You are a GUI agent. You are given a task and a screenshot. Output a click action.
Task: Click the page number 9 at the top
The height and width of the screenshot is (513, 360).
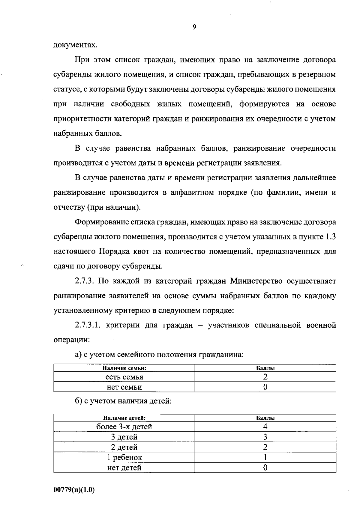(x=194, y=27)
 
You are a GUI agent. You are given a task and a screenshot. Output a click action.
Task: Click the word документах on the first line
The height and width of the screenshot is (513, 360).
(x=76, y=45)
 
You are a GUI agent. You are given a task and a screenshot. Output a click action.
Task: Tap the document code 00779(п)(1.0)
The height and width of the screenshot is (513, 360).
(x=74, y=490)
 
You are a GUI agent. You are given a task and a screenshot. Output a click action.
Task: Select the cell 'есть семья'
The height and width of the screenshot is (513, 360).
(x=124, y=377)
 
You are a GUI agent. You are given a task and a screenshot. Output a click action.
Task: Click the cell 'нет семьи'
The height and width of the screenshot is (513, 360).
(x=124, y=387)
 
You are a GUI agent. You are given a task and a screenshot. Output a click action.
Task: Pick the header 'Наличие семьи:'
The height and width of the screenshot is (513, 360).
(x=124, y=368)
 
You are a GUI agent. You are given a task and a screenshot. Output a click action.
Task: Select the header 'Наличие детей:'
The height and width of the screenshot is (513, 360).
(x=124, y=418)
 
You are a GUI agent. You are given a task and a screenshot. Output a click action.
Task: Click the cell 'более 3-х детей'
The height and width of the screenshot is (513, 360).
(x=124, y=427)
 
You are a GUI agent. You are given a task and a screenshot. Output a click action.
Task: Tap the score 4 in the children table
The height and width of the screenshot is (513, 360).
(x=265, y=427)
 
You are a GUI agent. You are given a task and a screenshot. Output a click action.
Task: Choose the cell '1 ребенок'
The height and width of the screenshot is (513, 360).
(x=124, y=457)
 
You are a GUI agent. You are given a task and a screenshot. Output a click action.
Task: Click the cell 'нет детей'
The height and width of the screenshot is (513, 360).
(x=124, y=468)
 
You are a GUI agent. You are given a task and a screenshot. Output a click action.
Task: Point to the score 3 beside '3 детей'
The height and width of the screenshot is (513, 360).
(x=265, y=437)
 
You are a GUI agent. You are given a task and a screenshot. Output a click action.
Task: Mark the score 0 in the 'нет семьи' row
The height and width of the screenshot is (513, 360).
(x=265, y=387)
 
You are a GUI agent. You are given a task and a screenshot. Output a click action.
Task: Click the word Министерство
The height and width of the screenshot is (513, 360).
(x=256, y=281)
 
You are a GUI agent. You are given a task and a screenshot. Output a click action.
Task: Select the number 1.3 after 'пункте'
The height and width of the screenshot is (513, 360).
(x=330, y=237)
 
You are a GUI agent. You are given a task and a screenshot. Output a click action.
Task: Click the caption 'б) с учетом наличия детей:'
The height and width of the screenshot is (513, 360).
(x=123, y=401)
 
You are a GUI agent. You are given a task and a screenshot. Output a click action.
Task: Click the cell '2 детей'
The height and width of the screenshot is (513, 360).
(x=124, y=447)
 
